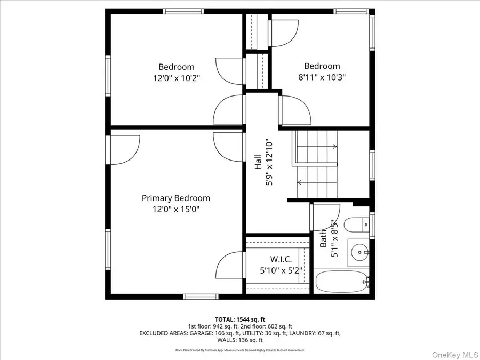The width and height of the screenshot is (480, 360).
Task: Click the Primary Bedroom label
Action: tap(175, 198)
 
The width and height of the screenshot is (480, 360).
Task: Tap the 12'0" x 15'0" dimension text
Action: tap(175, 209)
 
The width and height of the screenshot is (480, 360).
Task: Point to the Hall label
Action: tap(258, 162)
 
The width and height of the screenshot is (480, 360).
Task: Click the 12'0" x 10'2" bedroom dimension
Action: tap(176, 78)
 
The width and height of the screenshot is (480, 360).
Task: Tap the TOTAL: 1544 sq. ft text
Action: tap(239, 318)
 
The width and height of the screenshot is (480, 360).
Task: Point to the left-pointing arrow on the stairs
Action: tap(300, 182)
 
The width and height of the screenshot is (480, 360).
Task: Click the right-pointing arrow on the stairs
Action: tap(334, 146)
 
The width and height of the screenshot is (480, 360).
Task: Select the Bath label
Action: tap(323, 241)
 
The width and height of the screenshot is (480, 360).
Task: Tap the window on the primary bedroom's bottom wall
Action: tap(200, 296)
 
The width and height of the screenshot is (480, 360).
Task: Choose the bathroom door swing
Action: tap(325, 216)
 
